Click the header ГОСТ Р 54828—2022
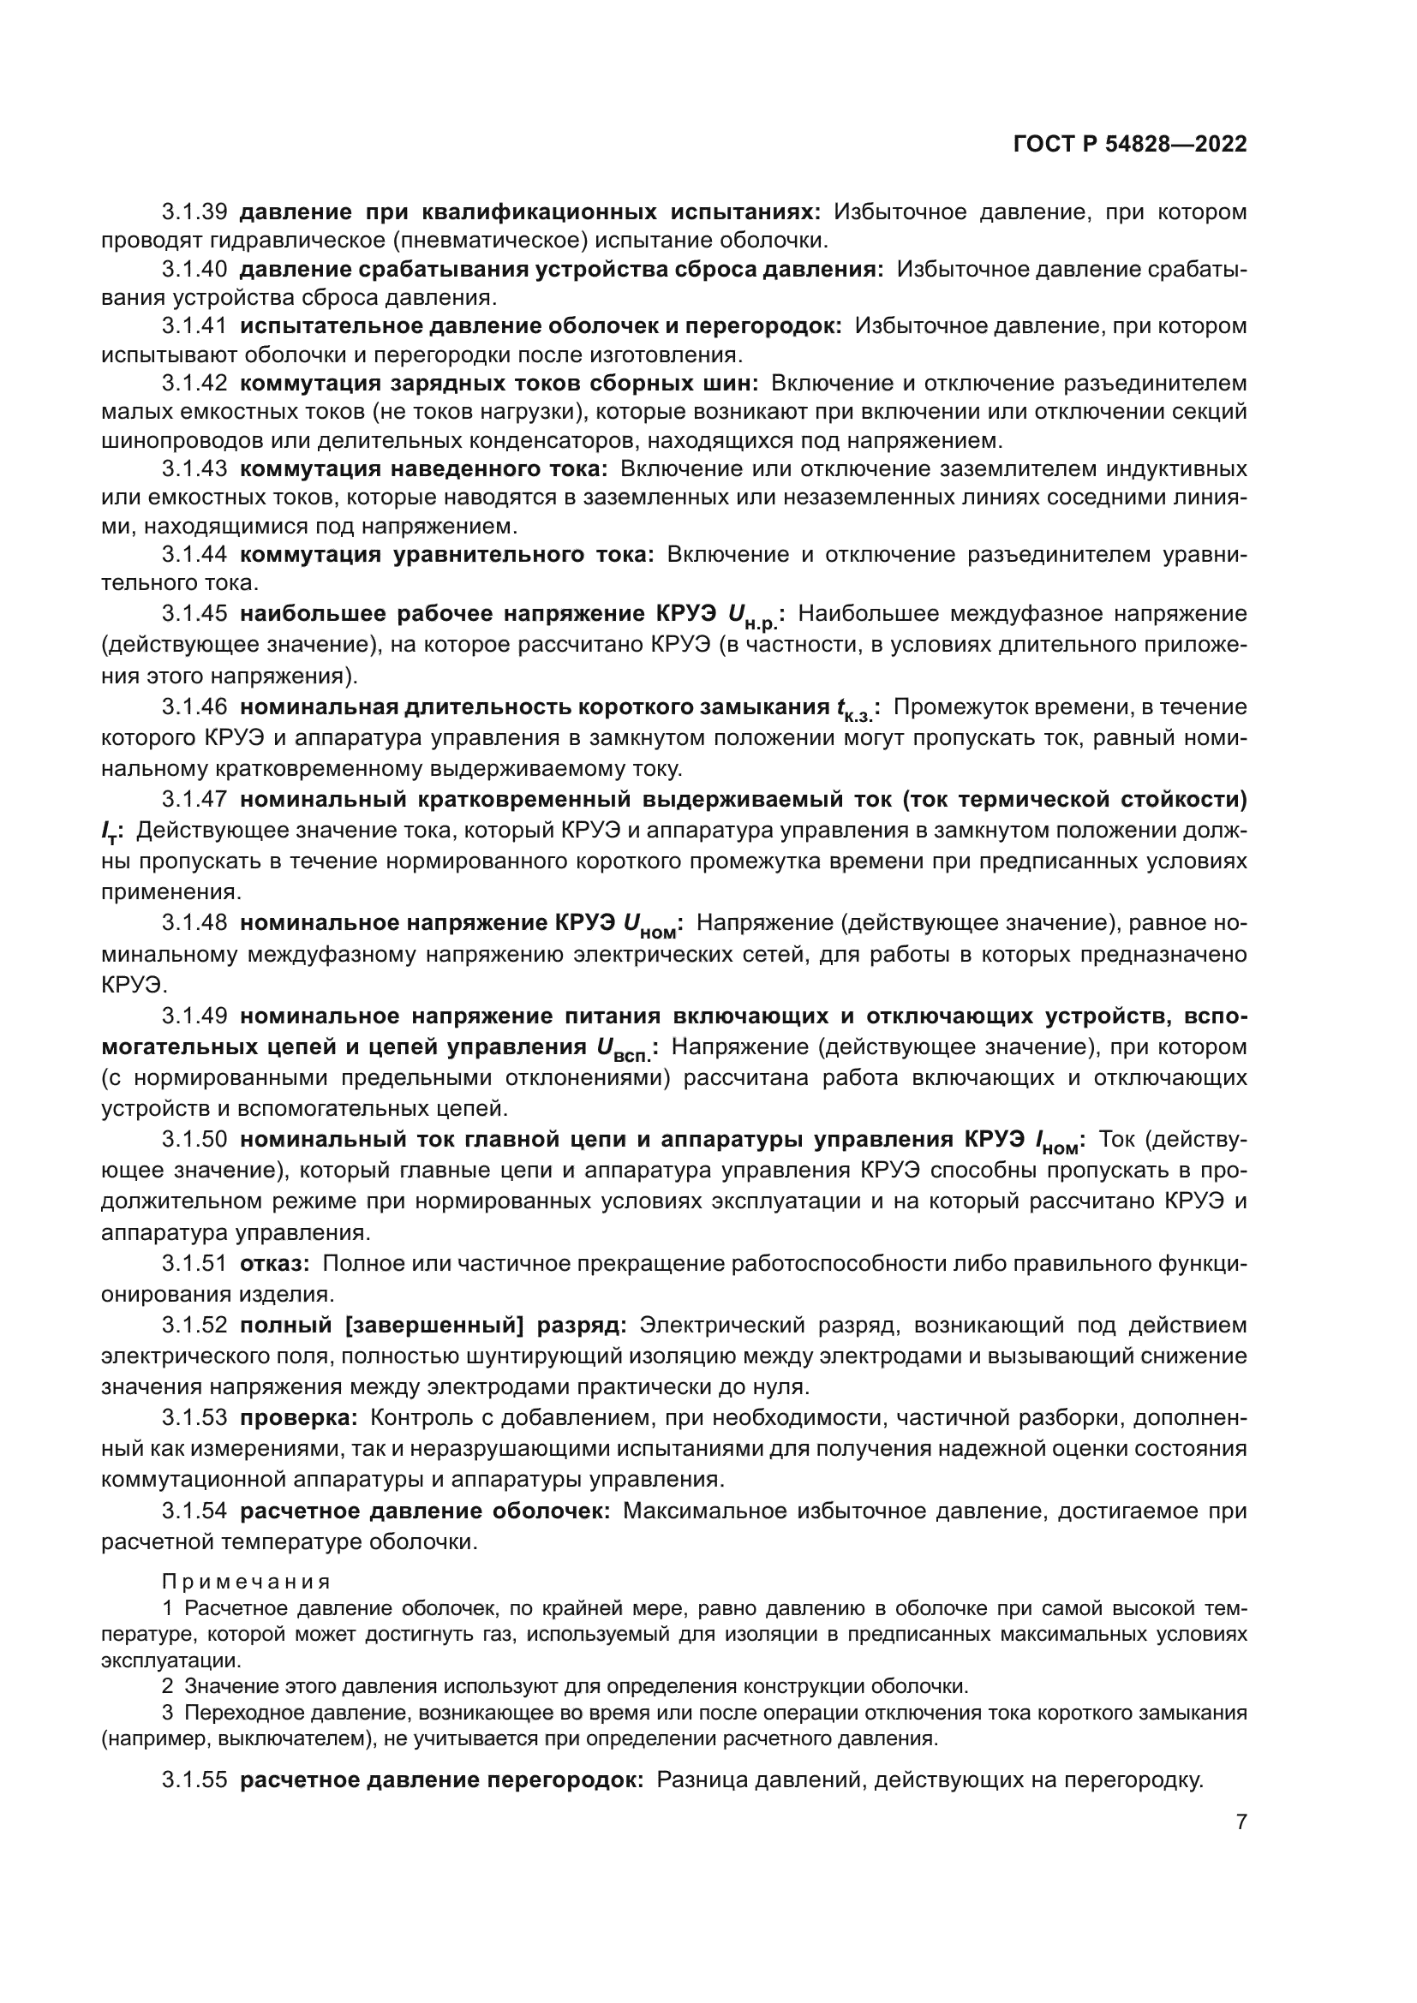[x=1130, y=145]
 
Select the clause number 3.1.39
[x=194, y=212]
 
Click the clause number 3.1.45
[x=194, y=614]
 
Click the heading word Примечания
[x=246, y=1582]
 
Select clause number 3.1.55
[x=194, y=1779]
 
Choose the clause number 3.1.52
[x=194, y=1325]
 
